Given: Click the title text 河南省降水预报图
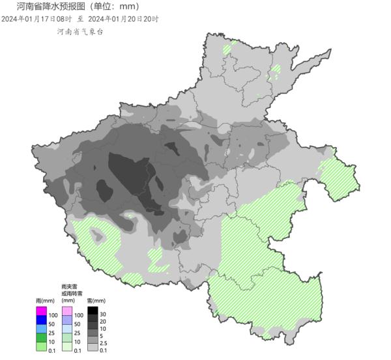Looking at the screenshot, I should point(48,7).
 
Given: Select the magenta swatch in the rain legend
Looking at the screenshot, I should point(40,311).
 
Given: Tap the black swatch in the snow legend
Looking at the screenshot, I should point(93,311).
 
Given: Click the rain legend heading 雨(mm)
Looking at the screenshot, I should point(44,301).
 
